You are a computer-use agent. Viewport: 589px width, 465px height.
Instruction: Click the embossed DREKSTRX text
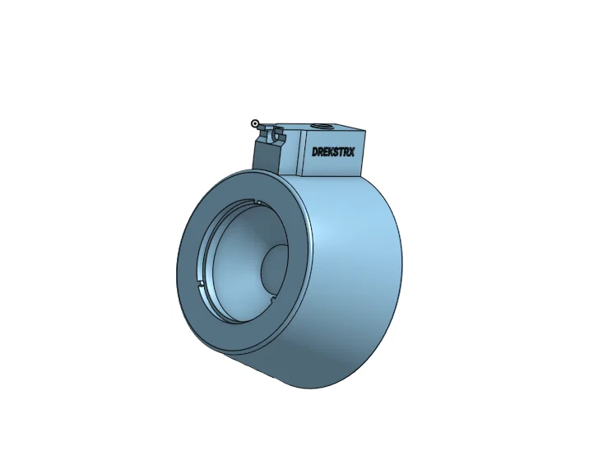333,152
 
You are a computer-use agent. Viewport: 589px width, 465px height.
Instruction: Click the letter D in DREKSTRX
315,152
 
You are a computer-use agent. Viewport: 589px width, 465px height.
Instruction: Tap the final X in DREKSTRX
351,151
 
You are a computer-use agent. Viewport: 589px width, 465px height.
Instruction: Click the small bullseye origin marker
255,123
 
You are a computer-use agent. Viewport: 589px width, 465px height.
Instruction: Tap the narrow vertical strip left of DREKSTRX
304,153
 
